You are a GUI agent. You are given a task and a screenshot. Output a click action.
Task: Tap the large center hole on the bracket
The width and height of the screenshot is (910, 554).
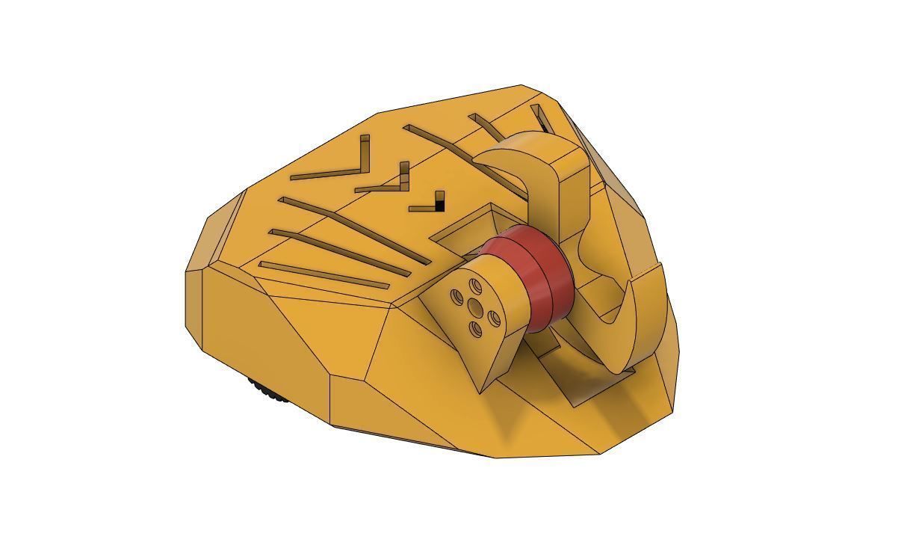click(474, 307)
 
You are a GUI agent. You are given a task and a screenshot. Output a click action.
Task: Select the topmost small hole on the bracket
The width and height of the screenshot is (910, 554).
click(475, 285)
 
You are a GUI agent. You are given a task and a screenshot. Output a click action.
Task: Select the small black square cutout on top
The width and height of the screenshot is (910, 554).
click(439, 200)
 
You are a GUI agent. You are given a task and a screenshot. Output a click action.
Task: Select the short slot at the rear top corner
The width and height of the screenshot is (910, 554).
click(542, 118)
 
